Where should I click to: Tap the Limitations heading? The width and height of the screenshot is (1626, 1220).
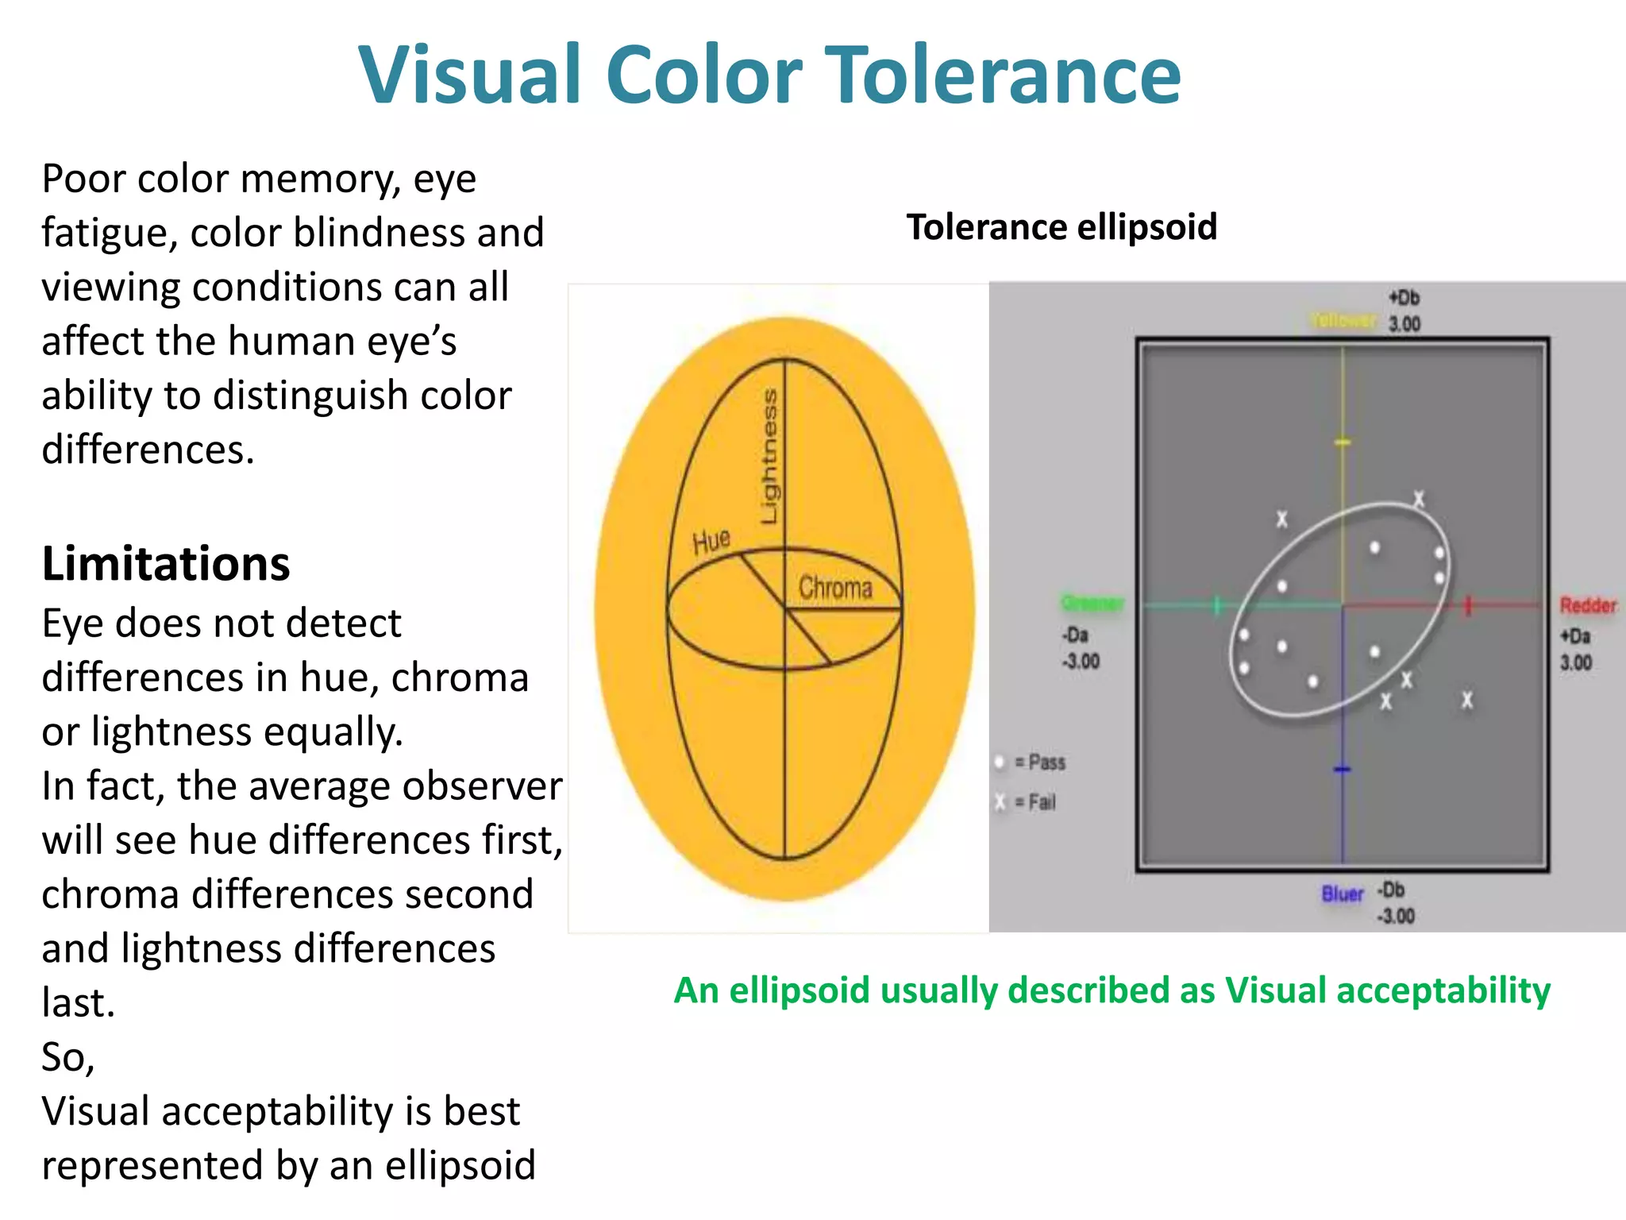[x=166, y=564]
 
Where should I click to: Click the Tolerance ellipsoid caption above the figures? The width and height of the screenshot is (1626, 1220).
[x=1062, y=227]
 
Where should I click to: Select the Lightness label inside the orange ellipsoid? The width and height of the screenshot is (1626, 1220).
[x=769, y=456]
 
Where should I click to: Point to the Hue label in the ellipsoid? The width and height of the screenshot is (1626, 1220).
[x=711, y=542]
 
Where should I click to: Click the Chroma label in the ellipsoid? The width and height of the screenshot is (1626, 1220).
[x=835, y=588]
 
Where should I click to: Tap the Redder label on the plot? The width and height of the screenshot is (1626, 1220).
[x=1588, y=605]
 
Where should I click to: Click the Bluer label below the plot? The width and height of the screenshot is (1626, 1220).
[x=1342, y=894]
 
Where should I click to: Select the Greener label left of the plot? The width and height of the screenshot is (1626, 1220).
[x=1093, y=604]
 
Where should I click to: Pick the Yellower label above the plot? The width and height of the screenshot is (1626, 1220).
[x=1342, y=320]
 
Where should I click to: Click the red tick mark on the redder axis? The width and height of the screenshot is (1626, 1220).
[x=1468, y=605]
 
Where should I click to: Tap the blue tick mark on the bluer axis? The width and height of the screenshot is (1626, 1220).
[x=1343, y=769]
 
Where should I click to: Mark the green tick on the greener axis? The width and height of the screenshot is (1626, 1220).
[x=1216, y=605]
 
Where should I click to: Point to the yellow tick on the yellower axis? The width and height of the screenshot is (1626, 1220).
[x=1343, y=442]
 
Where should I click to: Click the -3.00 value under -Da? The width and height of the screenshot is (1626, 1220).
[x=1081, y=662]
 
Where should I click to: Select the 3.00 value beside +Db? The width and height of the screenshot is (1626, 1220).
[x=1404, y=324]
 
